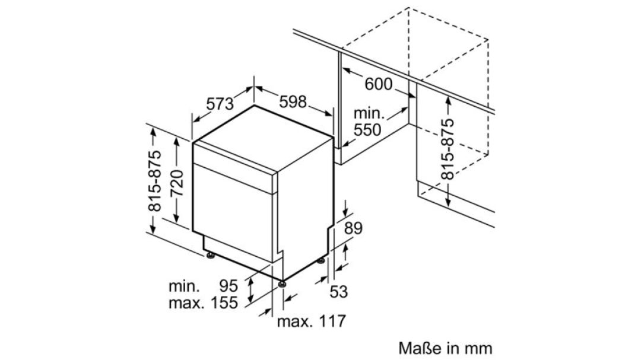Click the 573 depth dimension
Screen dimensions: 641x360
tap(220, 103)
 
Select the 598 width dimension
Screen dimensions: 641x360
tap(293, 102)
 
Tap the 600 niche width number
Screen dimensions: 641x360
tap(378, 84)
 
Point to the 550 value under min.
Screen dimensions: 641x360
tap(367, 129)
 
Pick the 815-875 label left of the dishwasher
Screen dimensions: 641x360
tap(154, 181)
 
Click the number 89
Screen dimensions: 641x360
tap(353, 228)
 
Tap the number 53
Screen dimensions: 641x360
tap(338, 292)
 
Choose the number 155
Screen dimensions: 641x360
tap(224, 303)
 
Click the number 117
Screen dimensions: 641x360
tap(332, 321)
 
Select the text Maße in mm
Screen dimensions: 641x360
tap(445, 348)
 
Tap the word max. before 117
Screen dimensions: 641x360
tap(294, 322)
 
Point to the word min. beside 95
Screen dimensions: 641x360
tap(185, 286)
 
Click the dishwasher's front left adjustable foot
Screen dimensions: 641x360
tap(211, 256)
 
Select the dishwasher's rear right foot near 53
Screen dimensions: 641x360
tap(322, 260)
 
